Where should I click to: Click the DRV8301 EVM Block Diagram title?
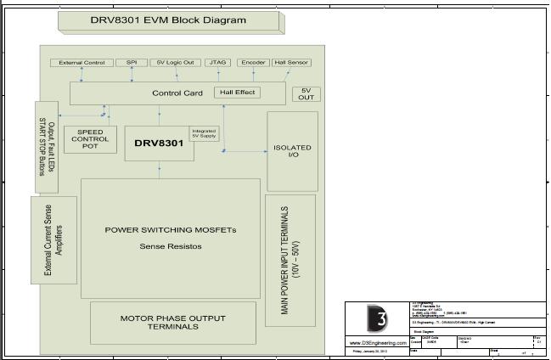pyautogui.click(x=168, y=20)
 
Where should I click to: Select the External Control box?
pyautogui.click(x=82, y=63)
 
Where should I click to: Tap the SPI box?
pyautogui.click(x=132, y=63)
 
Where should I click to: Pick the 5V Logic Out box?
pyautogui.click(x=176, y=63)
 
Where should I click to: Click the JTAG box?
pyautogui.click(x=218, y=63)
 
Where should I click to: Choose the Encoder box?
pyautogui.click(x=253, y=63)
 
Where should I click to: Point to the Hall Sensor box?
pyautogui.click(x=292, y=63)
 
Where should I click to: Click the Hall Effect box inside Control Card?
pyautogui.click(x=237, y=92)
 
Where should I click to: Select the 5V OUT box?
pyautogui.click(x=306, y=94)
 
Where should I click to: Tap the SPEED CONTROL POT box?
pyautogui.click(x=90, y=139)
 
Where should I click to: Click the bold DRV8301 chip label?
pyautogui.click(x=159, y=143)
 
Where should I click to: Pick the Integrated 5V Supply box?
pyautogui.click(x=204, y=134)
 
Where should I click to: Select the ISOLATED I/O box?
pyautogui.click(x=292, y=151)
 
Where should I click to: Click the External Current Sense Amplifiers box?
pyautogui.click(x=53, y=241)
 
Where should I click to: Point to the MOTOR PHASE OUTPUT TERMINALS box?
pyautogui.click(x=173, y=323)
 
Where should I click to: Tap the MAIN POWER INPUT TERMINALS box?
pyautogui.click(x=290, y=260)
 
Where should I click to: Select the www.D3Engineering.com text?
pyautogui.click(x=377, y=343)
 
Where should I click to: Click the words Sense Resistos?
pyautogui.click(x=171, y=246)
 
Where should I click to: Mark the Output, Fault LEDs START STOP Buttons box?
pyautogui.click(x=46, y=147)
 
